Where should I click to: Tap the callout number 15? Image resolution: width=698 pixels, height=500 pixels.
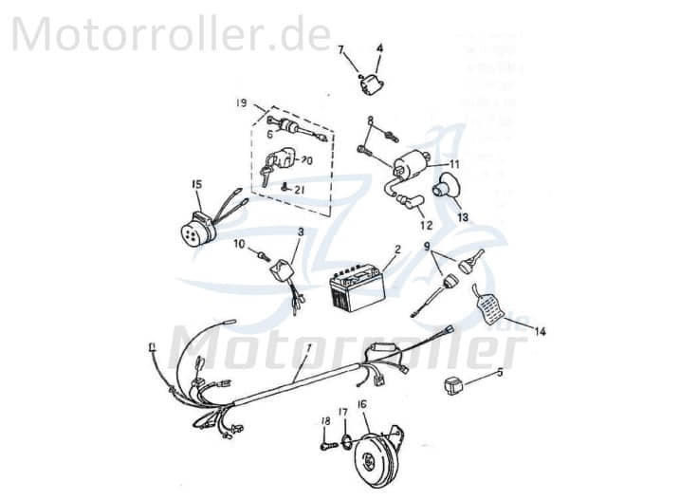point(196,184)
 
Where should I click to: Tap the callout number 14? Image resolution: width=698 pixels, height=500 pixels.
point(540,331)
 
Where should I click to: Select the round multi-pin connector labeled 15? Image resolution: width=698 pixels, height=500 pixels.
point(197,229)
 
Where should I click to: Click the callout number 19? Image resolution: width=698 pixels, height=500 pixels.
point(241,102)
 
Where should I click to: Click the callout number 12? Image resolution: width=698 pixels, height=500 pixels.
point(424,225)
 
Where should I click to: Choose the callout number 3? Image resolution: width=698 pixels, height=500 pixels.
point(301,231)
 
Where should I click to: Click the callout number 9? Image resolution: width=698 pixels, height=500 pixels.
point(428,246)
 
